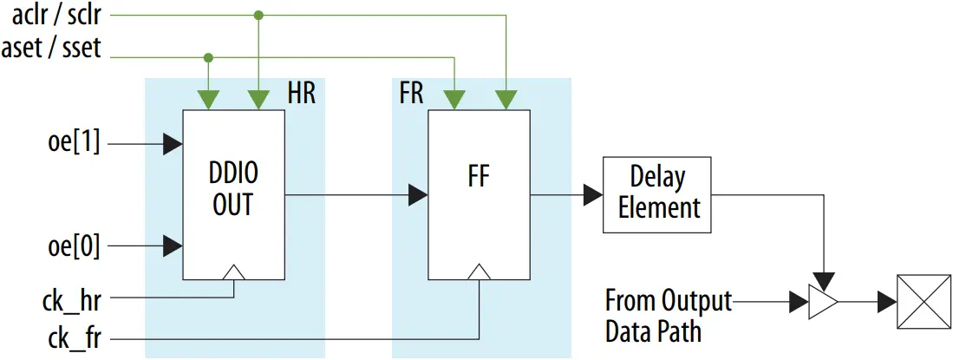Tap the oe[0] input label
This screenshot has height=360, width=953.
pos(75,246)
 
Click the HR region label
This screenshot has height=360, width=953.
pos(301,94)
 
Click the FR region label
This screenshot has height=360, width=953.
pos(411,94)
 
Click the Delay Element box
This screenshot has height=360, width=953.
pos(656,194)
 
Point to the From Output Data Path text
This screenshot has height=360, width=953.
pos(668,317)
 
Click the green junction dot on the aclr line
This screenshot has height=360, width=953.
pos(258,16)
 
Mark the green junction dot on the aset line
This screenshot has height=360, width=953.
pos(208,58)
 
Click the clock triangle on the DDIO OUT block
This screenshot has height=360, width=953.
pos(234,273)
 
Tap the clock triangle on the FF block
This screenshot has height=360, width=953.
pos(478,273)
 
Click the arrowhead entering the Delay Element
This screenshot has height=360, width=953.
pos(593,195)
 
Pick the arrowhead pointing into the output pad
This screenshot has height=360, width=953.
pos(886,302)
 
